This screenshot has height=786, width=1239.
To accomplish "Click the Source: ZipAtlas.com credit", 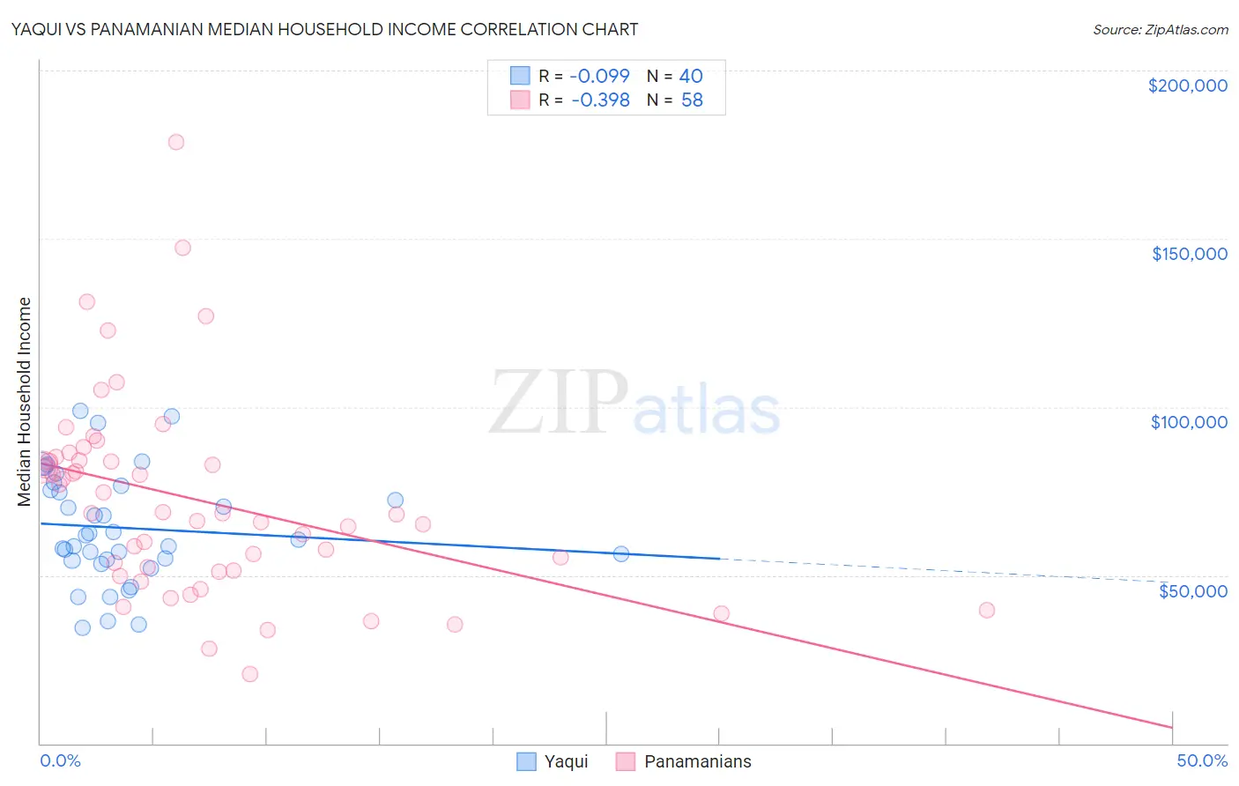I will [1160, 29].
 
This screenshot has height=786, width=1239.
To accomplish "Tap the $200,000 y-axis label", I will [1187, 85].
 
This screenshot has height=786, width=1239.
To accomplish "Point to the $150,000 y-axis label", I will [1189, 254].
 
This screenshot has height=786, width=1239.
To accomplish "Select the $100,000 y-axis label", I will [1189, 422].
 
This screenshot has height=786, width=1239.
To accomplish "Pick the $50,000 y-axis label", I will [1192, 590].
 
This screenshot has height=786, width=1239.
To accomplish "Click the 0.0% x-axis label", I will [60, 760].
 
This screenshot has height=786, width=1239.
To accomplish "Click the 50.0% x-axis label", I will [1201, 760].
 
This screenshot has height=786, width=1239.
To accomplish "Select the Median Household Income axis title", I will [24, 402].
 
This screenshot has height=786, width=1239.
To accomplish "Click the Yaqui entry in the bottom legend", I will [565, 761].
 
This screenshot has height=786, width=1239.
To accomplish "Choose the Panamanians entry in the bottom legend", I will [697, 761].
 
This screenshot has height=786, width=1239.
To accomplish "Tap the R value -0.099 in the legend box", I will [599, 76].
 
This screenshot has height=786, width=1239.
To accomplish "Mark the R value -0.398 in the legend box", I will [600, 100].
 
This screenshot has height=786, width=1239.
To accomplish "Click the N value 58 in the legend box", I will [692, 100].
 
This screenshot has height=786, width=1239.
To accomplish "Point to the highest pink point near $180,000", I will [176, 142].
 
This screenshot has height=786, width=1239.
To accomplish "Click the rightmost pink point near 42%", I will [987, 611].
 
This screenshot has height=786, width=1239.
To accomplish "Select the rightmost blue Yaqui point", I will [621, 554].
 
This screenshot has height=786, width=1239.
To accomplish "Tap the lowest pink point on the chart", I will [250, 674].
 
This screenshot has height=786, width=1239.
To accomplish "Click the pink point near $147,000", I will [182, 248].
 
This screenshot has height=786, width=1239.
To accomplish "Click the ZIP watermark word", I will [559, 403].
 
